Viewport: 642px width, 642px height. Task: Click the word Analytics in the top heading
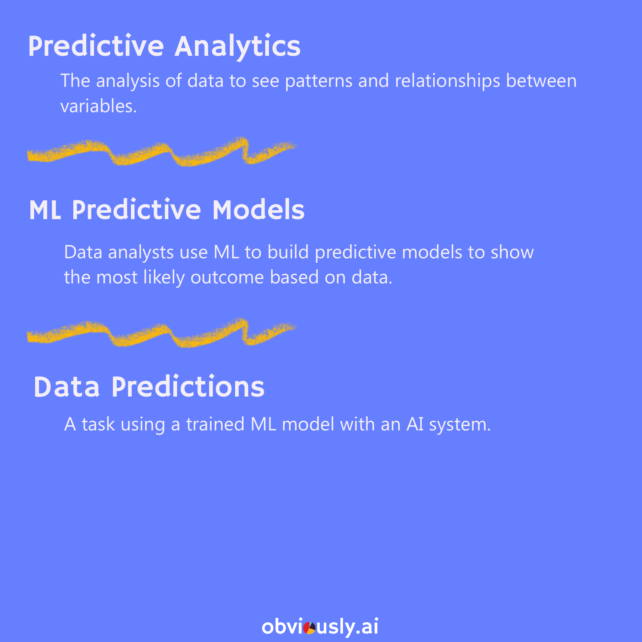click(238, 47)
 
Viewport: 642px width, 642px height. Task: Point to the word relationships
click(447, 81)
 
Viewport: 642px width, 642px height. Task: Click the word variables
click(98, 106)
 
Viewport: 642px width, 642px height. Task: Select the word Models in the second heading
click(259, 210)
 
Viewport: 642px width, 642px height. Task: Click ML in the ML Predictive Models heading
click(45, 210)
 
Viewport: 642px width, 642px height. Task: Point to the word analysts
click(141, 253)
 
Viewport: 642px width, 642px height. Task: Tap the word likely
click(164, 278)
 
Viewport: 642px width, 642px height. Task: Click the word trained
click(215, 424)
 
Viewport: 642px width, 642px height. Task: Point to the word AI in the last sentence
click(415, 424)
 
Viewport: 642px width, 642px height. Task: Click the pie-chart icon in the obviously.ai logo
click(309, 628)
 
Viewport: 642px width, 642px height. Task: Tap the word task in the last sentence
click(98, 424)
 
